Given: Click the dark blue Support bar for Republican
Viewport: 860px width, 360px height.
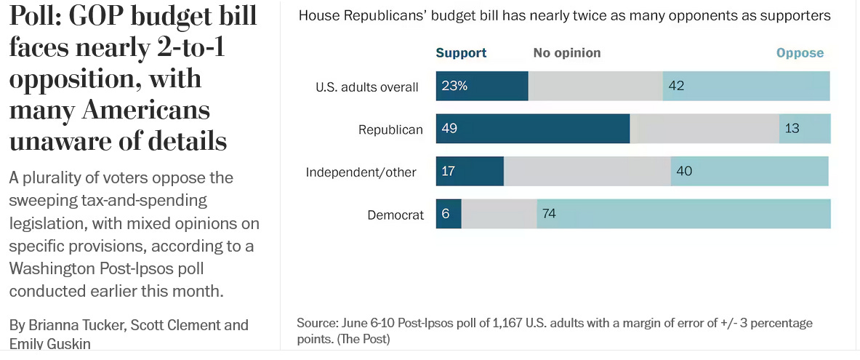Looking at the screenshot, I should pyautogui.click(x=533, y=129).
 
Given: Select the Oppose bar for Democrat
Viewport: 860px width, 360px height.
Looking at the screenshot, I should pyautogui.click(x=683, y=214).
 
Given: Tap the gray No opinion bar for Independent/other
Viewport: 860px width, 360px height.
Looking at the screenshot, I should pyautogui.click(x=587, y=172).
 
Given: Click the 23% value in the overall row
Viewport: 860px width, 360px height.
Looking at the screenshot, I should pyautogui.click(x=454, y=87).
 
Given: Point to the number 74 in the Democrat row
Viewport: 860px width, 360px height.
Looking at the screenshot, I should pyautogui.click(x=549, y=214).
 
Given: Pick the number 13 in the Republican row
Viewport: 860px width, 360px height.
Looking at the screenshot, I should pyautogui.click(x=792, y=129).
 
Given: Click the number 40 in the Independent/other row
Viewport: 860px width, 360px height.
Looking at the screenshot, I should pyautogui.click(x=684, y=172).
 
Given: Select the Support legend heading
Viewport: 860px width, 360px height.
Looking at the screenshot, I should pyautogui.click(x=461, y=53).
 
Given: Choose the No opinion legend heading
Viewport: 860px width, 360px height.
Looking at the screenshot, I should pyautogui.click(x=567, y=53).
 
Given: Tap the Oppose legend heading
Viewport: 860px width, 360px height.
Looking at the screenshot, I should pyautogui.click(x=800, y=53).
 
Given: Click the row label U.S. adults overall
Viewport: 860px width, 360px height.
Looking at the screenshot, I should pyautogui.click(x=366, y=87).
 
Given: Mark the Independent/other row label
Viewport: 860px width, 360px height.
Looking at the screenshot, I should pyautogui.click(x=361, y=172).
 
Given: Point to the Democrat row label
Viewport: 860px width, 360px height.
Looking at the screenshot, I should pyautogui.click(x=395, y=215).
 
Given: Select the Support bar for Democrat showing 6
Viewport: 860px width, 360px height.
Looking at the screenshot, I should pyautogui.click(x=449, y=214).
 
